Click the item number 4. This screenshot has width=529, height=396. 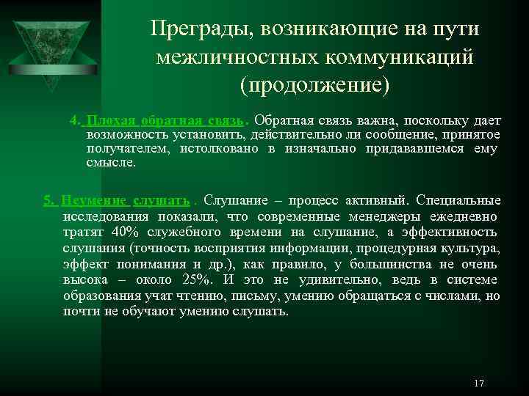click(x=74, y=120)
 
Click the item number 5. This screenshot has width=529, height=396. click(x=48, y=199)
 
